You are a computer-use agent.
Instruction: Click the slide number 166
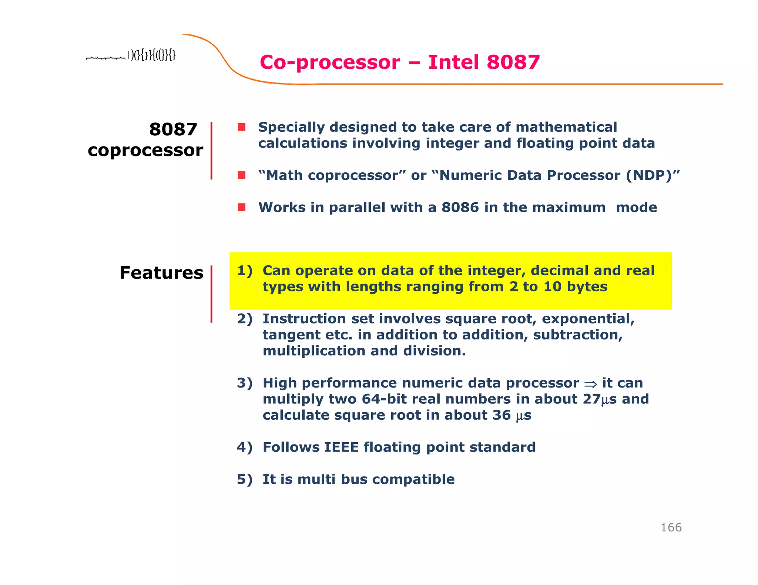[x=671, y=527]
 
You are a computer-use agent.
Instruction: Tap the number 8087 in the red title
[x=513, y=62]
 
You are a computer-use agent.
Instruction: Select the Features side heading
[x=161, y=273]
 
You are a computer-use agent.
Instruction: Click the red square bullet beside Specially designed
[x=242, y=127]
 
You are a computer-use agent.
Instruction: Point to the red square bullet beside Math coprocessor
[x=242, y=175]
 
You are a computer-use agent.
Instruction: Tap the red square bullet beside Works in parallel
[x=242, y=207]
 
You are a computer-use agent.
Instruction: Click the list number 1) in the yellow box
[x=245, y=271]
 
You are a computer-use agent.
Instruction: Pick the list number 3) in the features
[x=245, y=383]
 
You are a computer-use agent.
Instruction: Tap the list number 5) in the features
[x=245, y=479]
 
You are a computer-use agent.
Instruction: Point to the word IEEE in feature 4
[x=341, y=447]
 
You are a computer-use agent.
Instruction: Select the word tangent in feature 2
[x=291, y=335]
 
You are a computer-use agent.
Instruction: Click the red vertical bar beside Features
[x=211, y=294]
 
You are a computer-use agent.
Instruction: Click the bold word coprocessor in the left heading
[x=145, y=151]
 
